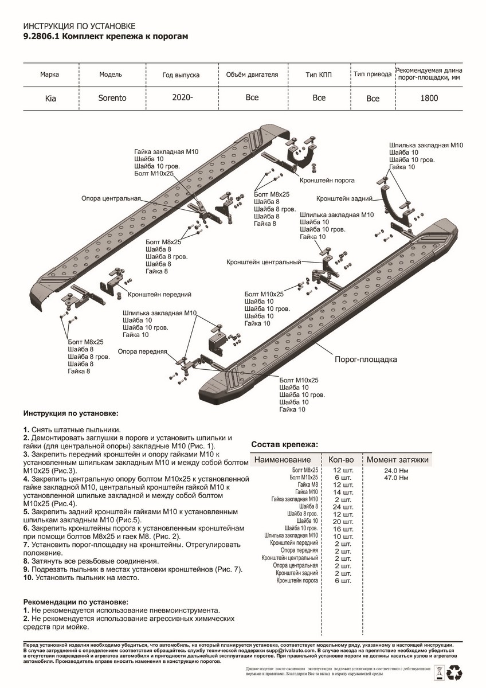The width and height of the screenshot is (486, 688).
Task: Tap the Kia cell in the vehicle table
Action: click(x=50, y=99)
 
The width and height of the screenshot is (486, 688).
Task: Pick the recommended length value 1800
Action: click(x=429, y=98)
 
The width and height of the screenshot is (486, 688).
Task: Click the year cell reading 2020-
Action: click(x=182, y=97)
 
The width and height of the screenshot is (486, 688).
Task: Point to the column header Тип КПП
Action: click(x=319, y=75)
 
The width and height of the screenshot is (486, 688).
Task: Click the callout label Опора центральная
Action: click(x=111, y=198)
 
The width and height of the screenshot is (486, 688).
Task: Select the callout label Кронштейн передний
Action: click(x=159, y=295)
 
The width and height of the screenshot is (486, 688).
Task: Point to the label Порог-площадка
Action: click(x=366, y=360)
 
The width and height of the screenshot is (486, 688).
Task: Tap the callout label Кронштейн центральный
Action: click(x=264, y=262)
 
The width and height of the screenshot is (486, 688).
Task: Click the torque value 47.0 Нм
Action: click(x=396, y=477)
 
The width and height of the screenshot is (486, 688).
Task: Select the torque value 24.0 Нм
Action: click(x=396, y=470)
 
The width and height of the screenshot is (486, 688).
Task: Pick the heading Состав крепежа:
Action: click(x=285, y=445)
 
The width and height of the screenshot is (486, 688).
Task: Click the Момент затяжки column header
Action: click(x=397, y=460)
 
